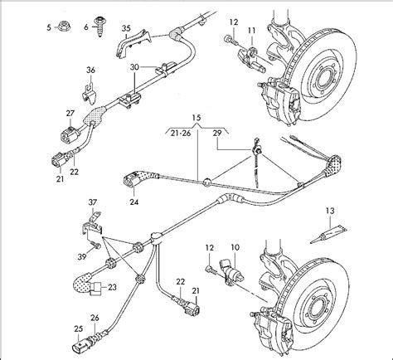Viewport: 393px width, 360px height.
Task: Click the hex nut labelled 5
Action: [x=65, y=27]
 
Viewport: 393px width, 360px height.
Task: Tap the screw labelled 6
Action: [x=99, y=27]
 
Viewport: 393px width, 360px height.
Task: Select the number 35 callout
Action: [x=126, y=28]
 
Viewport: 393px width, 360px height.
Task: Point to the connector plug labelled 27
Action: [x=69, y=135]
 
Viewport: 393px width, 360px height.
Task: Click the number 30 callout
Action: [x=134, y=67]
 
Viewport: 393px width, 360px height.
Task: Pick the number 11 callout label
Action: [x=251, y=31]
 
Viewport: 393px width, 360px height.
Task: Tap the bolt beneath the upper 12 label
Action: [x=230, y=40]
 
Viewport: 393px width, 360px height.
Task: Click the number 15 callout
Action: [x=196, y=118]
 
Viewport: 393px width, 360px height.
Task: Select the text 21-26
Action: [x=181, y=133]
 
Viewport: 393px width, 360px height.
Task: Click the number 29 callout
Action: [x=217, y=133]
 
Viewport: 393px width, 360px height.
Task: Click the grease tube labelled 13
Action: [x=328, y=234]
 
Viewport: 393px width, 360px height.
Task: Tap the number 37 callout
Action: [x=93, y=202]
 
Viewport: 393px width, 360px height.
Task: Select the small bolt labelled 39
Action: [x=96, y=245]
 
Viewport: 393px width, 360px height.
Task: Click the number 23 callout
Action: [x=112, y=287]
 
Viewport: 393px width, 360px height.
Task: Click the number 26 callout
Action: [x=95, y=318]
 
